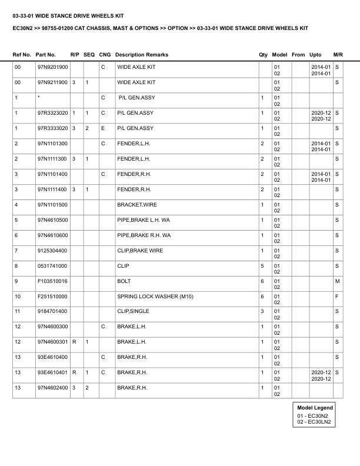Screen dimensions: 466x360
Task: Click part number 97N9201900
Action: click(x=52, y=67)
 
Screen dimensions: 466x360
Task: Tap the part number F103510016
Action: click(x=52, y=281)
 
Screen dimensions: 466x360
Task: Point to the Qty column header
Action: click(x=263, y=55)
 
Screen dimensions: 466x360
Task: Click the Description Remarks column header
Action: click(x=142, y=55)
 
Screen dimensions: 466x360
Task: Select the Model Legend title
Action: click(x=315, y=408)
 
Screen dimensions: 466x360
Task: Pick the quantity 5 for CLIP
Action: click(x=262, y=266)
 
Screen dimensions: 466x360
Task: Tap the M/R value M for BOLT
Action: click(x=337, y=281)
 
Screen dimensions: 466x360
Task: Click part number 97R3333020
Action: click(x=52, y=128)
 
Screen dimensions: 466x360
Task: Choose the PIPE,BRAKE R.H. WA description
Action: click(x=144, y=235)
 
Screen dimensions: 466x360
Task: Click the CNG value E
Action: click(x=103, y=128)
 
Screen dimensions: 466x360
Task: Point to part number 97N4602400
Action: click(x=52, y=388)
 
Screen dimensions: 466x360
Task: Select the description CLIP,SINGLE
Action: click(x=133, y=312)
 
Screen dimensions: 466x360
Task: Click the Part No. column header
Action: click(x=46, y=55)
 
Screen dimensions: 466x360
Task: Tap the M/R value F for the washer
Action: click(x=337, y=297)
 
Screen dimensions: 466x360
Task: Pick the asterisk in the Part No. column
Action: click(x=38, y=98)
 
